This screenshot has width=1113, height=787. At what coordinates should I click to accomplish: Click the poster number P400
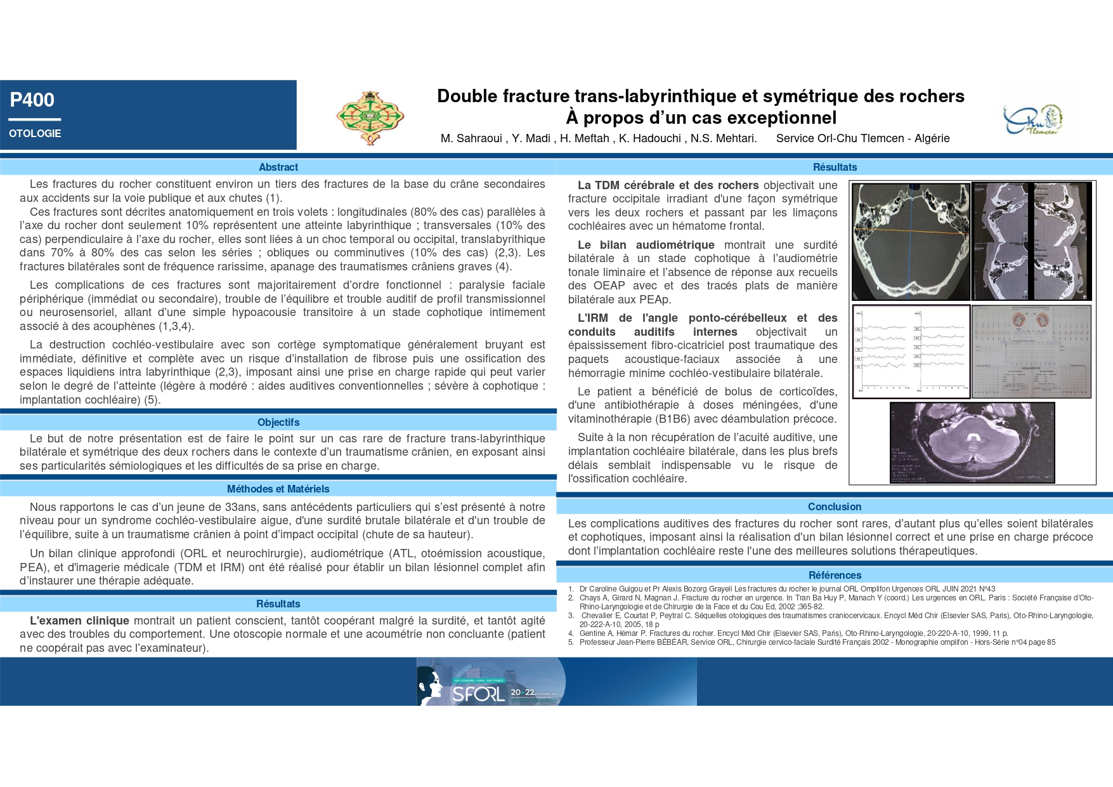pos(32,100)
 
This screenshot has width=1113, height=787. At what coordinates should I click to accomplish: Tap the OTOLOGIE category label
pos(35,133)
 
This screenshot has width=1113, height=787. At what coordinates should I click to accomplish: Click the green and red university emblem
pos(370,117)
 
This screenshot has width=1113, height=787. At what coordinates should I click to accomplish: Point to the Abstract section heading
pos(278,167)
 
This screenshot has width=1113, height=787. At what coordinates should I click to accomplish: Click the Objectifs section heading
pos(278,422)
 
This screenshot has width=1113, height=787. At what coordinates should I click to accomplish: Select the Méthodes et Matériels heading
pos(278,489)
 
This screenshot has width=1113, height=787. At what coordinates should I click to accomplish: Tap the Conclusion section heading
pos(834,506)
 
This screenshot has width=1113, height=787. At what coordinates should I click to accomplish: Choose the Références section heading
pos(834,575)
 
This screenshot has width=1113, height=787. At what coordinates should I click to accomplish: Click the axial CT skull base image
pos(911,241)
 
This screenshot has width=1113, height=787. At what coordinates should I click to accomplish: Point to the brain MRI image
pos(972,442)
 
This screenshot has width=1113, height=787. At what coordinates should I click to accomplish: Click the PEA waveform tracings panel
pos(911,352)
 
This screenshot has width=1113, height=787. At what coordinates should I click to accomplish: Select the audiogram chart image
pos(1031,352)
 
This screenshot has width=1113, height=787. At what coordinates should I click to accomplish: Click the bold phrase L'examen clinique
pos(79,621)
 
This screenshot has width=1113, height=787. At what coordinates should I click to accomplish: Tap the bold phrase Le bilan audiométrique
pos(646,245)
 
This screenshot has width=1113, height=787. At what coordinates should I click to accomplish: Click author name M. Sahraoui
pos(471,138)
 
